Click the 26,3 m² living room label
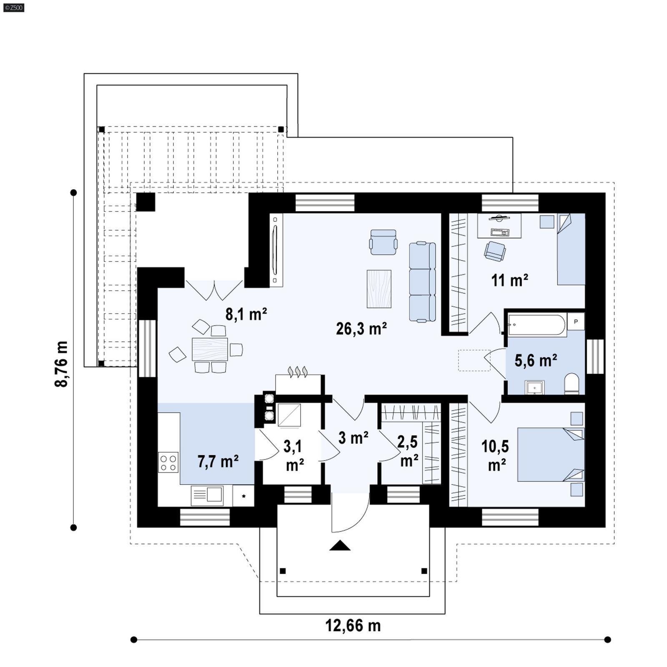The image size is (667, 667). (361, 329)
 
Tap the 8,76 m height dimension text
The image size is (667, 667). (61, 364)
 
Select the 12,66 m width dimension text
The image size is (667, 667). (353, 626)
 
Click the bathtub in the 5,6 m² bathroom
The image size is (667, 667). (537, 325)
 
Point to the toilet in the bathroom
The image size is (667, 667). (572, 383)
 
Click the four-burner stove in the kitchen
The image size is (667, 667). (168, 462)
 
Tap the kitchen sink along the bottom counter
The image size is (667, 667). (207, 495)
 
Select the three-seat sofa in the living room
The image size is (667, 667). (422, 282)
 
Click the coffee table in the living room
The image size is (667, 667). (379, 289)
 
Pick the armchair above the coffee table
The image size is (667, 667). (383, 242)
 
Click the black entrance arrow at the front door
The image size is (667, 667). (340, 546)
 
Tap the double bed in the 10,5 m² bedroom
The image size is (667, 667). (550, 454)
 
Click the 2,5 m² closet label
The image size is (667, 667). (408, 451)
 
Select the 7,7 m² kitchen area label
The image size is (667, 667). (218, 462)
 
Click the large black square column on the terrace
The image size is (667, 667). (146, 202)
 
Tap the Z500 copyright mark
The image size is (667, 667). (13, 8)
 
